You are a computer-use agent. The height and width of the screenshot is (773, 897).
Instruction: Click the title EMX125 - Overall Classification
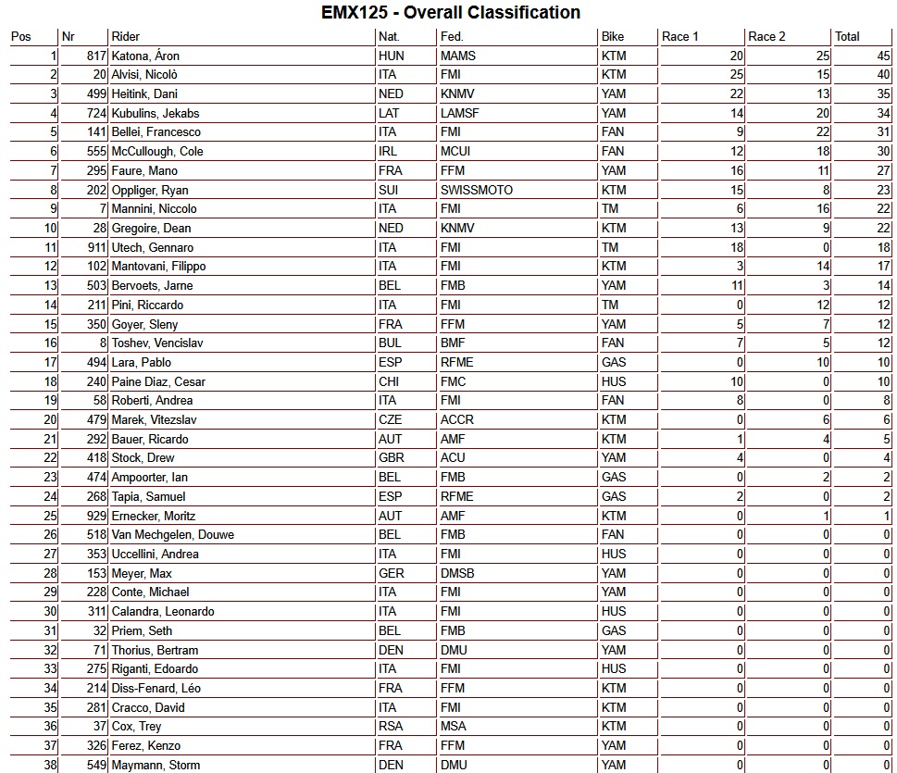(451, 13)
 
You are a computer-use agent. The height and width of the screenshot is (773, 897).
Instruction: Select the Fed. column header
(452, 37)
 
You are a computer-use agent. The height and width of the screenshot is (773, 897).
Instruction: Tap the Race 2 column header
(766, 37)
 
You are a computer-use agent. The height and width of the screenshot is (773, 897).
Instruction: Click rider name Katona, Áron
(145, 56)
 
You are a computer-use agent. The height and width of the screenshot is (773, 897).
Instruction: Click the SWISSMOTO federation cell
(476, 191)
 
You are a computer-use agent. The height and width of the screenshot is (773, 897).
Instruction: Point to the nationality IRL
(389, 152)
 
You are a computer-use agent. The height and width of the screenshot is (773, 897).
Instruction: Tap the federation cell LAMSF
(460, 114)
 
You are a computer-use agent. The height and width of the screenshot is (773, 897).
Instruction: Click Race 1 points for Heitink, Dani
(737, 94)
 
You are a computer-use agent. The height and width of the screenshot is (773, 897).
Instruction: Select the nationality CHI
(390, 381)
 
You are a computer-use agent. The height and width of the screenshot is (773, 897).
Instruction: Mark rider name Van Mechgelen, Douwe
(172, 535)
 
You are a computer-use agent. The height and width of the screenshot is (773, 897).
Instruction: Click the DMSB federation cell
(457, 573)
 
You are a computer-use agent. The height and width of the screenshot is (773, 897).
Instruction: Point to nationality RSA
(391, 727)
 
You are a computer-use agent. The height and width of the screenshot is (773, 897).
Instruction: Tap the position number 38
(50, 765)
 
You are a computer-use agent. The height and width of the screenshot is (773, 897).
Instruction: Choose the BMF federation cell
(454, 343)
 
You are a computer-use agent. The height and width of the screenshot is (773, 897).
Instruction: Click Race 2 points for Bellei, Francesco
(822, 132)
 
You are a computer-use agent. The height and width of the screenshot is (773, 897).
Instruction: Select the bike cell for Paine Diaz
(613, 381)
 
